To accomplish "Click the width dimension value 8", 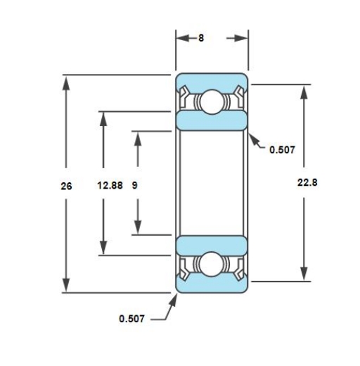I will click(x=201, y=38).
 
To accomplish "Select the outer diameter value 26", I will click(x=66, y=187).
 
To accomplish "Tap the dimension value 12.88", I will click(x=109, y=187).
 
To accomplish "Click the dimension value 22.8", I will click(x=307, y=182).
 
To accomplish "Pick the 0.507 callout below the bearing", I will click(x=132, y=318).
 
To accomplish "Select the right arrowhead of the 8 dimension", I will click(x=242, y=38).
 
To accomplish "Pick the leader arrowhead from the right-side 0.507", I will click(x=251, y=137).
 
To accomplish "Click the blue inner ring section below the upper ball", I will click(x=211, y=120).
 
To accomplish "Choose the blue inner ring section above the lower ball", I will click(x=211, y=244).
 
